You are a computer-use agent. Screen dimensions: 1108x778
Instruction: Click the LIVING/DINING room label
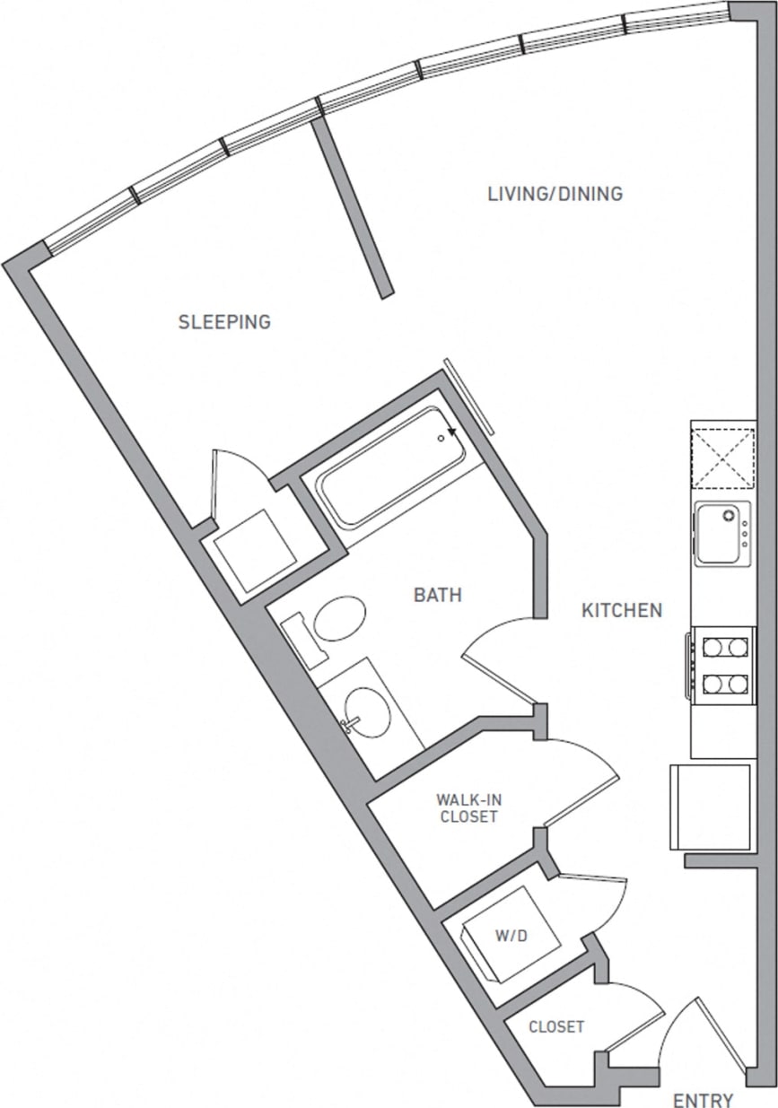555,194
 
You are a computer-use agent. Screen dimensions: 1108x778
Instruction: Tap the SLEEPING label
224,322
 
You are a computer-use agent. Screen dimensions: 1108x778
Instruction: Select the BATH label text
438,595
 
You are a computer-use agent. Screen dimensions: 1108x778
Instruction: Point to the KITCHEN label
622,611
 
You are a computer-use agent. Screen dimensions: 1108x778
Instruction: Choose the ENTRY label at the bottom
703,1100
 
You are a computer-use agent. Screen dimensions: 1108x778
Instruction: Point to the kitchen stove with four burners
723,664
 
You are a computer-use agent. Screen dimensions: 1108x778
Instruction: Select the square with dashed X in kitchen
722,456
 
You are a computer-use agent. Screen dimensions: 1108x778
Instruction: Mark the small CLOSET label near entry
556,1026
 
